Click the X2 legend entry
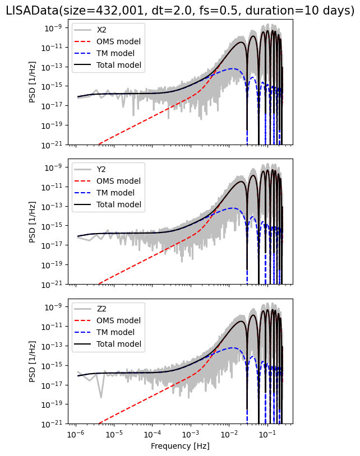[101, 30]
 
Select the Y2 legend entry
[101, 169]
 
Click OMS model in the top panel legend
[119, 41]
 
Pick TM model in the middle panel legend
[116, 193]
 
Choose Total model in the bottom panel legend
[119, 344]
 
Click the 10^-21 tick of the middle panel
[57, 284]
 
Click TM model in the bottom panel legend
[116, 333]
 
